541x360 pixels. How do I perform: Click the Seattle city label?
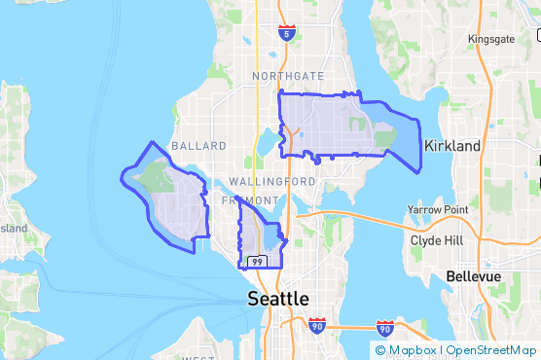pyautogui.click(x=278, y=298)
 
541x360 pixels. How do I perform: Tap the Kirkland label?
pyautogui.click(x=452, y=145)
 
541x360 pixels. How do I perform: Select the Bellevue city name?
pyautogui.click(x=473, y=276)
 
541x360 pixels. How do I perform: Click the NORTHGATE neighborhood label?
pyautogui.click(x=288, y=75)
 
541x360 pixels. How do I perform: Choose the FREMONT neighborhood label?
pyautogui.click(x=243, y=200)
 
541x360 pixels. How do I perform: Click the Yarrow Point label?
pyautogui.click(x=438, y=210)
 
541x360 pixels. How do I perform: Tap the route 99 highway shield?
pyautogui.click(x=257, y=262)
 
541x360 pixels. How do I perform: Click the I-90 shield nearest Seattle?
pyautogui.click(x=317, y=326)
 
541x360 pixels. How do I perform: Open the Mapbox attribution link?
pyautogui.click(x=407, y=349)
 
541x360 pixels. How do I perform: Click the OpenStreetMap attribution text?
pyautogui.click(x=490, y=349)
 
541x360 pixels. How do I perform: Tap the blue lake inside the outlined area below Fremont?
pyautogui.click(x=270, y=237)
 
